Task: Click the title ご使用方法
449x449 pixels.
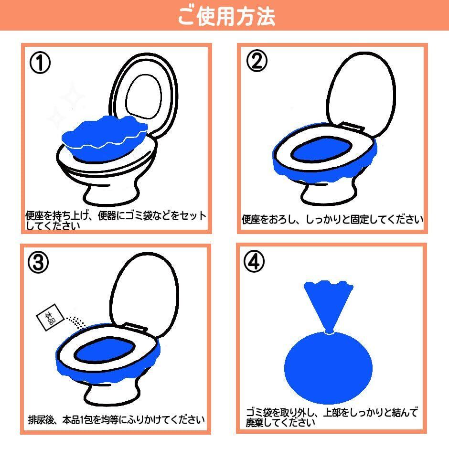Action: (226, 16)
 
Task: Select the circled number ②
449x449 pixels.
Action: (257, 61)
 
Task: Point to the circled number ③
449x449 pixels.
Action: (38, 263)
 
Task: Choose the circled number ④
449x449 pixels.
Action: (254, 261)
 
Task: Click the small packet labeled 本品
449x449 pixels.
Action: (50, 317)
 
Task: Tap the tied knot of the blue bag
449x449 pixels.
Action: (329, 332)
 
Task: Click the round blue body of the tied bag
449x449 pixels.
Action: (329, 368)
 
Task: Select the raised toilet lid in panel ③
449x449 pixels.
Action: (145, 294)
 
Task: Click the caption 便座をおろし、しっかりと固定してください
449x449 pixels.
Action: (332, 220)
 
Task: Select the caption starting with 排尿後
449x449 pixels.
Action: (116, 420)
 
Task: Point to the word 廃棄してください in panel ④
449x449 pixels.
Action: (280, 423)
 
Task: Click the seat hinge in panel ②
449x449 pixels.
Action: (353, 127)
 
